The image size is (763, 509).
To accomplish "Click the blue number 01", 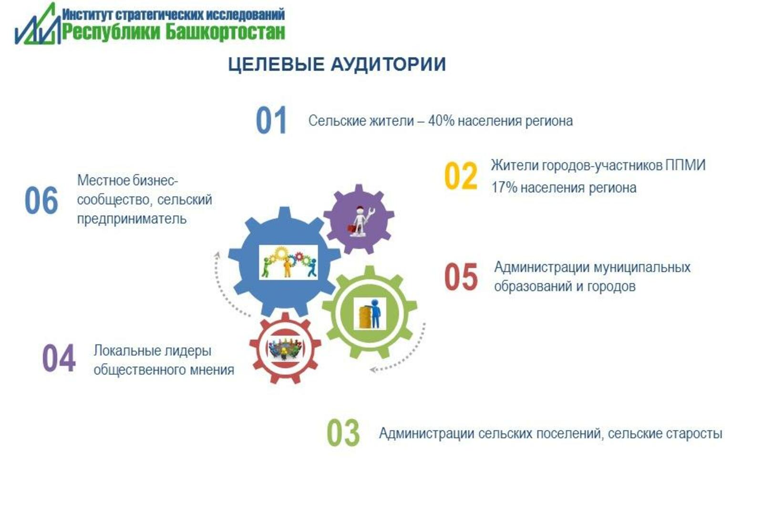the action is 271,120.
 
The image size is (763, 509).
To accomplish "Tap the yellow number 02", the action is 461,176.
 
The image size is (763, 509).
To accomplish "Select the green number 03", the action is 343,433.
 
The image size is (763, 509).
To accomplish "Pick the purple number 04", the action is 59,358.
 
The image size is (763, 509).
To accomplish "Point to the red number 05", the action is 461,276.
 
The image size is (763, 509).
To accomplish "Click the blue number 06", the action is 41,200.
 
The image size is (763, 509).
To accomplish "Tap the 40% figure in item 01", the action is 441,121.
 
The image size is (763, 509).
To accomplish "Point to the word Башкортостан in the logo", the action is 225,33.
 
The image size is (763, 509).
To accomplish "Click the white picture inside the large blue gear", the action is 288,262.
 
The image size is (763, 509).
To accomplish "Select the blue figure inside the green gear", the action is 375,313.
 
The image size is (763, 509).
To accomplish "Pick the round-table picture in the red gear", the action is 285,348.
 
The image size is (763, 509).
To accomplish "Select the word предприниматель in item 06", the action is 132,219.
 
